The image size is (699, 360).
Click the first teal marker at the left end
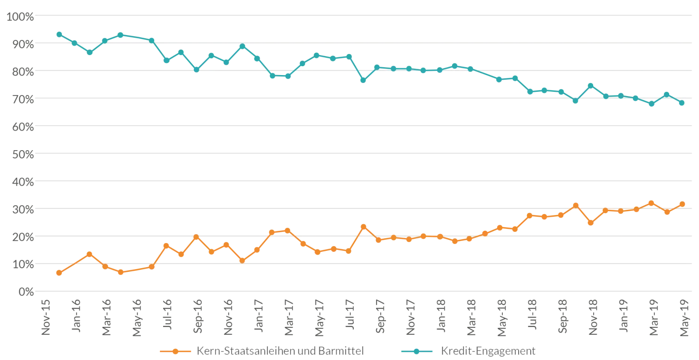(60, 34)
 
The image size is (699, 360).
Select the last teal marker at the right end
(682, 104)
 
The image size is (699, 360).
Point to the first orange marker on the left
(60, 272)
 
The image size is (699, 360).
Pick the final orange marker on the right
(682, 204)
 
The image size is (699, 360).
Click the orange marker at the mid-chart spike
(363, 227)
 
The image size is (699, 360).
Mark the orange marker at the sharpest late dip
(591, 223)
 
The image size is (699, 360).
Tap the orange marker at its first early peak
(90, 254)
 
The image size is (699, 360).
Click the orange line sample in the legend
(175, 351)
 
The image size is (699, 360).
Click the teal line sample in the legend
(417, 351)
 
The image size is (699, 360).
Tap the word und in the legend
(309, 351)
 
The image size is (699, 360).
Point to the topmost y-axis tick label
(19, 17)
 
